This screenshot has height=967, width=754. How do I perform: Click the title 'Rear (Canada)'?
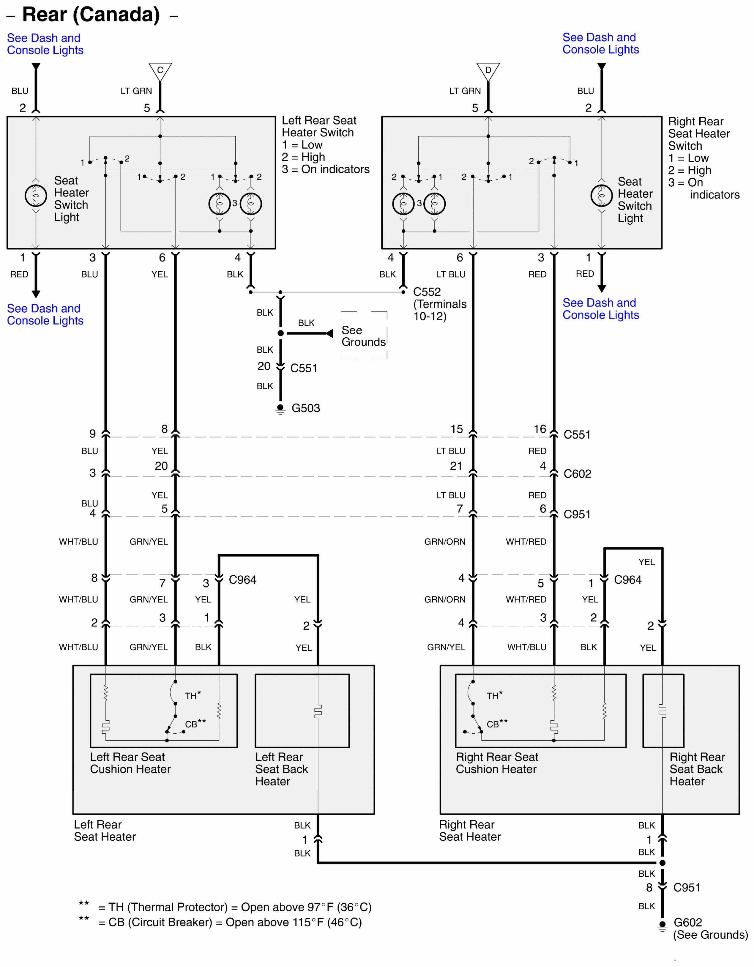coord(91,15)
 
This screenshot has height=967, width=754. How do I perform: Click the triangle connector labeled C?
coord(160,71)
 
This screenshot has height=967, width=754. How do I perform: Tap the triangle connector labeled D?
coord(488,71)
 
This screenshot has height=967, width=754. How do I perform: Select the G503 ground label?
coord(305,408)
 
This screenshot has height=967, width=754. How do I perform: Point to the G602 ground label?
coord(687,922)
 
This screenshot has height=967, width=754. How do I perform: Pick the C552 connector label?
coord(427,292)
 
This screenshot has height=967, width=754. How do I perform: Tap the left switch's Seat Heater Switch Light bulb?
coord(36,195)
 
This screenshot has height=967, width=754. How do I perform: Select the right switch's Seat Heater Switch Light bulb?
coord(601,195)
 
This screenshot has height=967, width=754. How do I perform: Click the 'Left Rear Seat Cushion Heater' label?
coord(130,763)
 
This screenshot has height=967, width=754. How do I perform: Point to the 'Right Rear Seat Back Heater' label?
coord(697,769)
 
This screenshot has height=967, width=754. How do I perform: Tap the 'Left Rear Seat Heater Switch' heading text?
coord(319,126)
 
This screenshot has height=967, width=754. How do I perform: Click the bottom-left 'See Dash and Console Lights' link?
coord(45,314)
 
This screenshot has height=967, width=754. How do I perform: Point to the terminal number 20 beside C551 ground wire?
coord(264,366)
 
